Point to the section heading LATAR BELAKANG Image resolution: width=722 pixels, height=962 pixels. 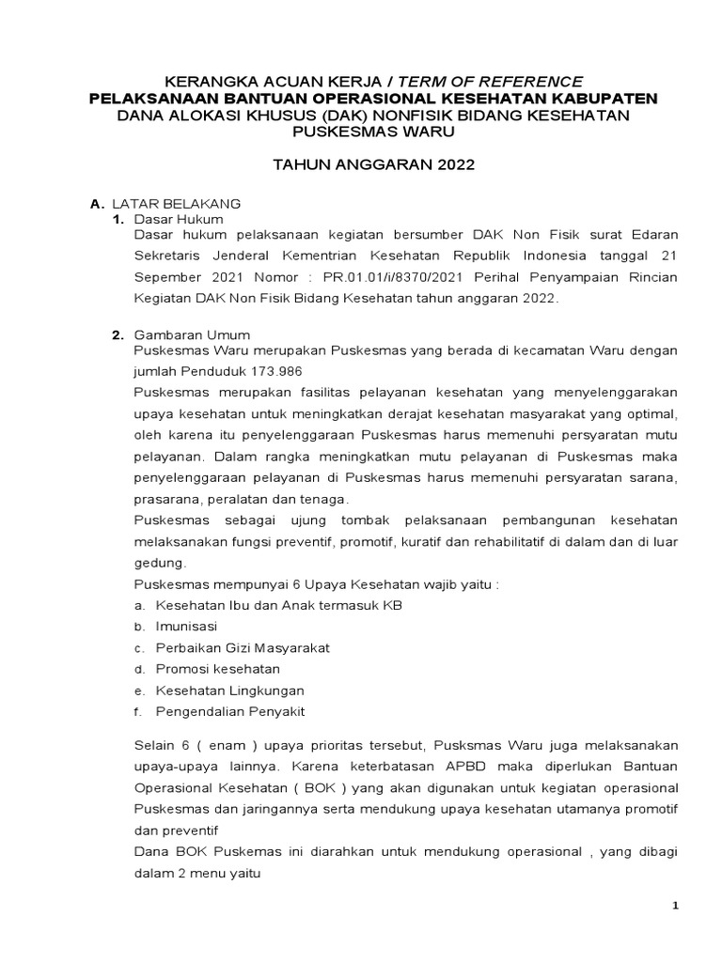click(177, 203)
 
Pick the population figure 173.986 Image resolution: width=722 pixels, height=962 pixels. click(273, 371)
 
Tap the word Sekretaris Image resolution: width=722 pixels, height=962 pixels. click(170, 255)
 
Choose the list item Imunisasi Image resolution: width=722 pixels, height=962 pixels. click(186, 626)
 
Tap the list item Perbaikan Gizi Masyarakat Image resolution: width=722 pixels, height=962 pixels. click(243, 647)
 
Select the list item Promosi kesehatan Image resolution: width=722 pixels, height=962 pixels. click(217, 669)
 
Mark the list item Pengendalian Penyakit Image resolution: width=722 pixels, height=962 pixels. click(229, 712)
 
